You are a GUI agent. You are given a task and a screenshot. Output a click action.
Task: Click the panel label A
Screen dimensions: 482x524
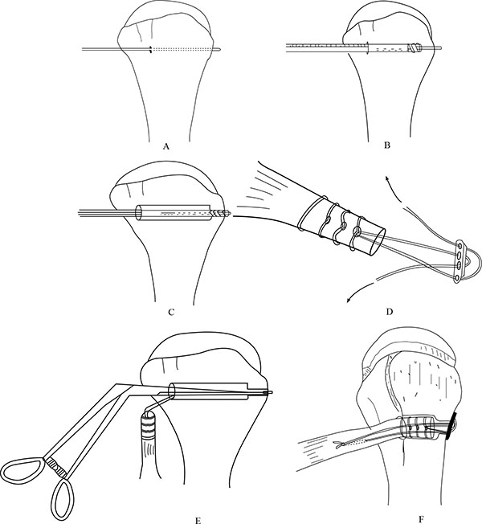tap(165, 146)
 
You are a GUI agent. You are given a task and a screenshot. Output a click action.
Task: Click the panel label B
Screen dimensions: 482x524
tap(387, 145)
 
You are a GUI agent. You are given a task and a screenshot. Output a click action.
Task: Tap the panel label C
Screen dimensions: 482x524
tap(171, 312)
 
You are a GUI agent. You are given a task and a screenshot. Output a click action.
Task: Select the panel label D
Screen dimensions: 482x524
tap(389, 312)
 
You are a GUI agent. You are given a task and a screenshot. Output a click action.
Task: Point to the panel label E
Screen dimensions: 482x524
tap(198, 521)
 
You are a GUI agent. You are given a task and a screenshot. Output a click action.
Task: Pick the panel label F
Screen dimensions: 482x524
tap(420, 519)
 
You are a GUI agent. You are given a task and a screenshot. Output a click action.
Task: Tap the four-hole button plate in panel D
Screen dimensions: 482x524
tap(459, 262)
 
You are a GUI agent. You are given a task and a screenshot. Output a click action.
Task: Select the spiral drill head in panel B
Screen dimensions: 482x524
tap(415, 49)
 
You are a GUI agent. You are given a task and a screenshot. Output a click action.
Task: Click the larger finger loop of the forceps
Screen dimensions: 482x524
tap(22, 470)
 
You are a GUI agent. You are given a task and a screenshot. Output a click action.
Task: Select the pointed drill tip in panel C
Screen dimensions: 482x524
tap(228, 212)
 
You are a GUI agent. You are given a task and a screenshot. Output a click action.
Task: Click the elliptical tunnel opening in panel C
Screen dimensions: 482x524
tap(138, 212)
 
